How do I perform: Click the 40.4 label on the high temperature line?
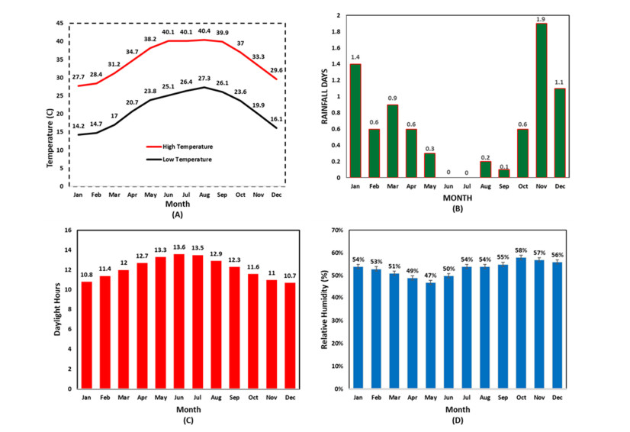(x=204, y=31)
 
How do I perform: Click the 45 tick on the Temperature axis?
(x=59, y=23)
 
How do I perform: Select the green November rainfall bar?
(x=541, y=101)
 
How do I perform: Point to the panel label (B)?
(x=458, y=208)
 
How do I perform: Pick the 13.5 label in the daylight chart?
(x=196, y=247)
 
